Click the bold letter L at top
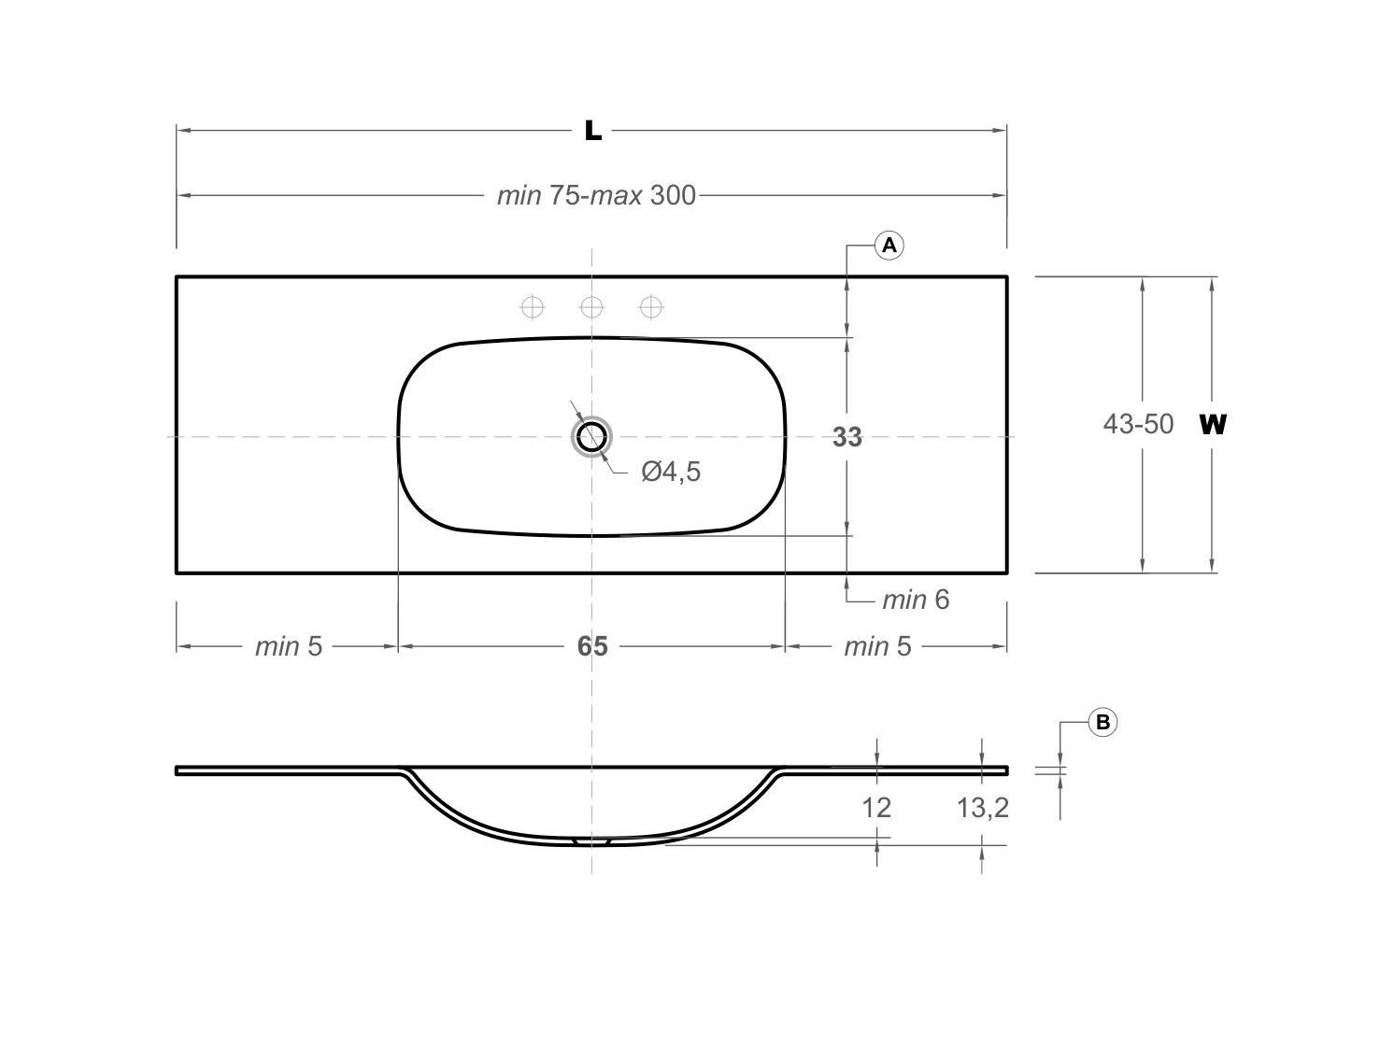(592, 131)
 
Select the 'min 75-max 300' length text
(595, 195)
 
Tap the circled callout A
(889, 246)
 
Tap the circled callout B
(1102, 722)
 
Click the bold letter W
(1212, 425)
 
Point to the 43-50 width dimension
(1137, 424)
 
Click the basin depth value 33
(846, 436)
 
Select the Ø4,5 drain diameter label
(670, 472)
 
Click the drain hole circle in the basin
(591, 436)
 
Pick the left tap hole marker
(533, 306)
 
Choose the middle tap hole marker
(591, 306)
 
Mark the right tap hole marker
(651, 306)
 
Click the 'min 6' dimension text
(915, 600)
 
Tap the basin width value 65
(591, 646)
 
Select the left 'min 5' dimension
(288, 646)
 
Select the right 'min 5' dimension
(876, 646)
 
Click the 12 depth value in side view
(875, 807)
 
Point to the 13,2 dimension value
(982, 807)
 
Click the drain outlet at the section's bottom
(591, 841)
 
